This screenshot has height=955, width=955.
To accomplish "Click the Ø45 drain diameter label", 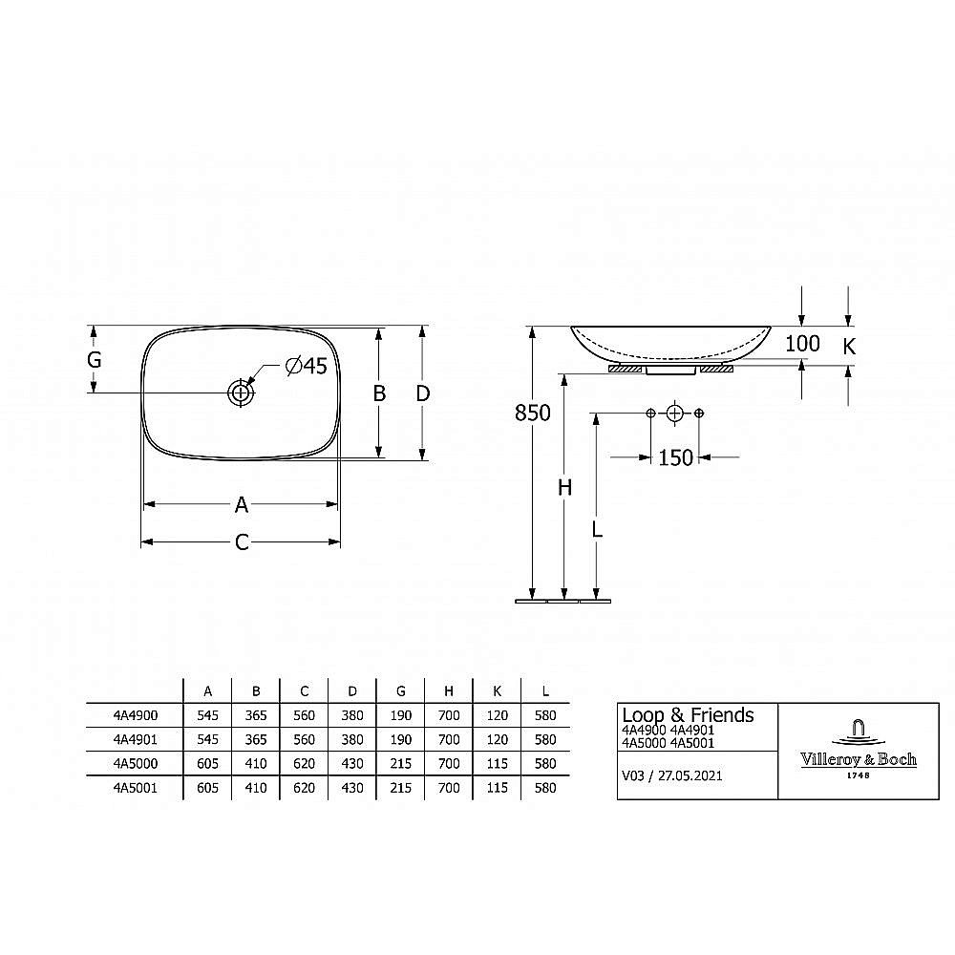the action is pyautogui.click(x=307, y=366).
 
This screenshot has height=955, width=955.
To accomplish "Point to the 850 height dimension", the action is pyautogui.click(x=532, y=413).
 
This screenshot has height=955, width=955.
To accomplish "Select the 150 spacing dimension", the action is pyautogui.click(x=675, y=457).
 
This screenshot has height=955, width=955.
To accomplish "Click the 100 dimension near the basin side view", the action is pyautogui.click(x=802, y=344).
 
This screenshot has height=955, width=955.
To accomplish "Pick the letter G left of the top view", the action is pyautogui.click(x=94, y=360).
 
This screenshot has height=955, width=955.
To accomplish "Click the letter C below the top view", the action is pyautogui.click(x=242, y=542).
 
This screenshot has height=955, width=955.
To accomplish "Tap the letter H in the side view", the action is pyautogui.click(x=565, y=487).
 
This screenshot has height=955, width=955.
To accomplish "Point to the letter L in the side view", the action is pyautogui.click(x=597, y=529).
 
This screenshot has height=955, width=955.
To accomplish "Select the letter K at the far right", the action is pyautogui.click(x=849, y=347).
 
